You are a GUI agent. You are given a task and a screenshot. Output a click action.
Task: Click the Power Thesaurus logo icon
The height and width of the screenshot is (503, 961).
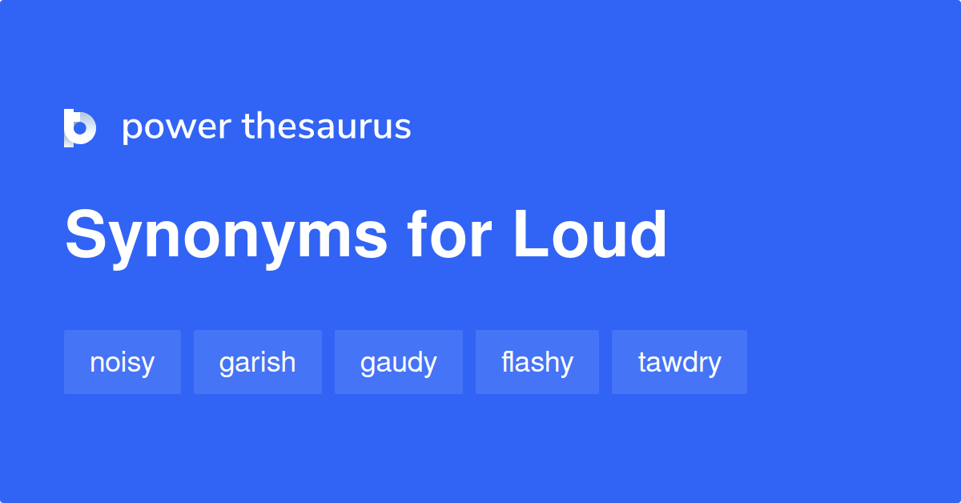pos(80,128)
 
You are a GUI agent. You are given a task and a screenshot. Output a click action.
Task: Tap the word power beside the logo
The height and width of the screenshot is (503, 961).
pos(175,127)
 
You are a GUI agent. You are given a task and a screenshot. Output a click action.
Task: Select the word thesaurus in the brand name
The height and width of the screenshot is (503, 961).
pos(327,127)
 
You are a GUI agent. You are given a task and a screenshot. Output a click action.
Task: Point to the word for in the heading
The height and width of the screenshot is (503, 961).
pos(448,235)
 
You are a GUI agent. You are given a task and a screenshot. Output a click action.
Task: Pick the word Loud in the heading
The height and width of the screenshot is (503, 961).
pos(590,235)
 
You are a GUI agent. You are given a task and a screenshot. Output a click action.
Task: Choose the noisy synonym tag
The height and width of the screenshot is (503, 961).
pos(123,362)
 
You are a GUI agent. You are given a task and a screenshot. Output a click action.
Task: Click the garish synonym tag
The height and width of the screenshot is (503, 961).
pos(258,362)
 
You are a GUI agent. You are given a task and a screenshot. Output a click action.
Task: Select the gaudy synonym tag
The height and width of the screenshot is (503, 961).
pos(399,362)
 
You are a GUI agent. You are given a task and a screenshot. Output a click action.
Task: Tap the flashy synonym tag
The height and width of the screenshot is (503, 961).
pos(537,362)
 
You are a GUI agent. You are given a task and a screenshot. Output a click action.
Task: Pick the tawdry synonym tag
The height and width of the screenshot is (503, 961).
pos(679,362)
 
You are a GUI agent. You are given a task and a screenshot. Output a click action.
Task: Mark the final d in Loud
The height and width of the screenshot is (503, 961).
pos(649,235)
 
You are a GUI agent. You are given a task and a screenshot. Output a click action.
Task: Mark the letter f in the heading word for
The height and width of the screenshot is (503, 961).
pos(417,234)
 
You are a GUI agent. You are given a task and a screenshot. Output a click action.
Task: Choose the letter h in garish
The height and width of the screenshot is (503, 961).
pos(287,362)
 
